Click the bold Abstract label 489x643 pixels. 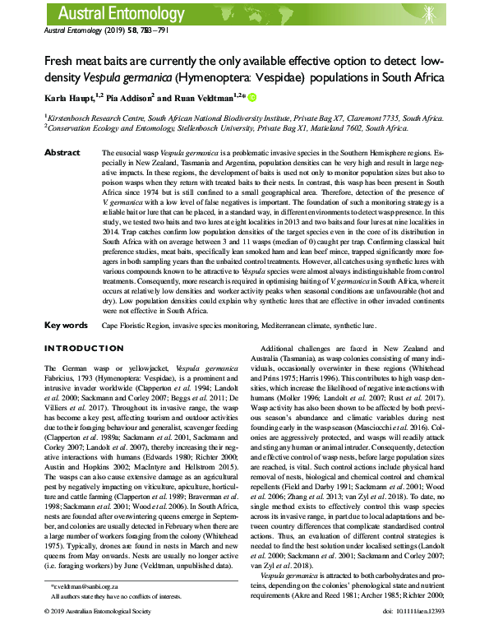(x=62, y=153)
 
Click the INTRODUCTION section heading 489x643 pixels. (x=82, y=349)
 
